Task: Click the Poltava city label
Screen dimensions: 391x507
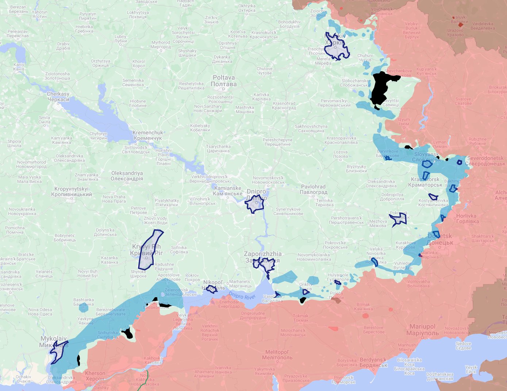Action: pos(224,81)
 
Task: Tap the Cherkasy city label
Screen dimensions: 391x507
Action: pos(58,97)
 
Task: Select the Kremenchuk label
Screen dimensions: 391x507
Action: pos(147,135)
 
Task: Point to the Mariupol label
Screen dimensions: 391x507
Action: pos(422,330)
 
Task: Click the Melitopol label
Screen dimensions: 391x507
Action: pos(277,355)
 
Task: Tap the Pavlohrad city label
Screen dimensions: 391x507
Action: pos(313,189)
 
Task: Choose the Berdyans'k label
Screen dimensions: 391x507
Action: pos(373,363)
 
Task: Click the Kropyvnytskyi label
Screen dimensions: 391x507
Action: pos(72,192)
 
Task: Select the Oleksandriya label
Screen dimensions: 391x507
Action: pos(127,176)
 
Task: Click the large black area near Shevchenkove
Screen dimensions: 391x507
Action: pos(381,89)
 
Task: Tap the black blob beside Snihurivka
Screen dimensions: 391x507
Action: pos(128,333)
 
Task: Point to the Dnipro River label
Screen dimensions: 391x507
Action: pos(242,295)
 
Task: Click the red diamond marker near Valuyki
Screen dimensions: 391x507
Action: pos(461,25)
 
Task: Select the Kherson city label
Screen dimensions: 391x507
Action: pos(95,376)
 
